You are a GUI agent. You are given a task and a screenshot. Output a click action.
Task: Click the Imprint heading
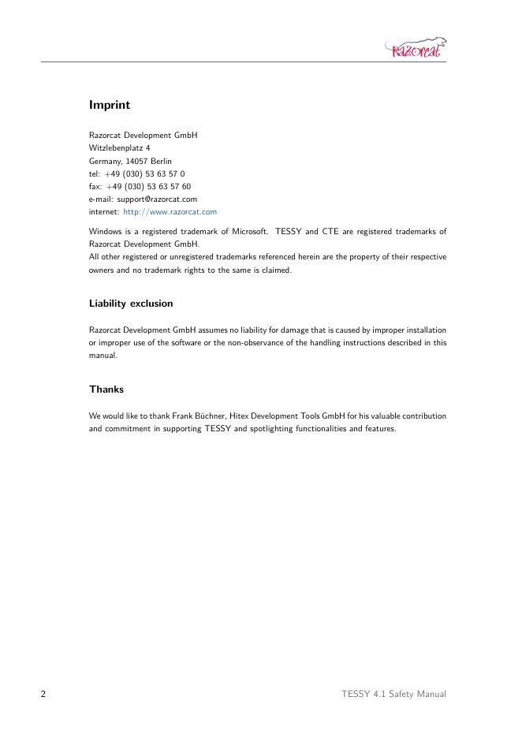(x=110, y=105)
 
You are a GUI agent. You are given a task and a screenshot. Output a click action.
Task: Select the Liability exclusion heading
(x=131, y=304)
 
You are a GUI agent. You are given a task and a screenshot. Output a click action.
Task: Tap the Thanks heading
(x=106, y=389)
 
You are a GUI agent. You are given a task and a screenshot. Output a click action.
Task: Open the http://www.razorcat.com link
(x=170, y=212)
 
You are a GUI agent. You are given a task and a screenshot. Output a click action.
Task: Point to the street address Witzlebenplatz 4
(x=119, y=148)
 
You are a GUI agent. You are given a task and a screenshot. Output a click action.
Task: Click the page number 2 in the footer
(x=43, y=694)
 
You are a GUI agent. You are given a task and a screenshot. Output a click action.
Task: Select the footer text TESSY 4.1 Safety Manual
(x=393, y=694)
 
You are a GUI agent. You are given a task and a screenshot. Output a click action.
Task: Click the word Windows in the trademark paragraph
(x=106, y=232)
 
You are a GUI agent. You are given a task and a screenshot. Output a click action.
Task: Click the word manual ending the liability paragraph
(x=103, y=356)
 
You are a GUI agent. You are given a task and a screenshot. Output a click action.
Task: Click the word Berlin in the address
(x=172, y=161)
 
